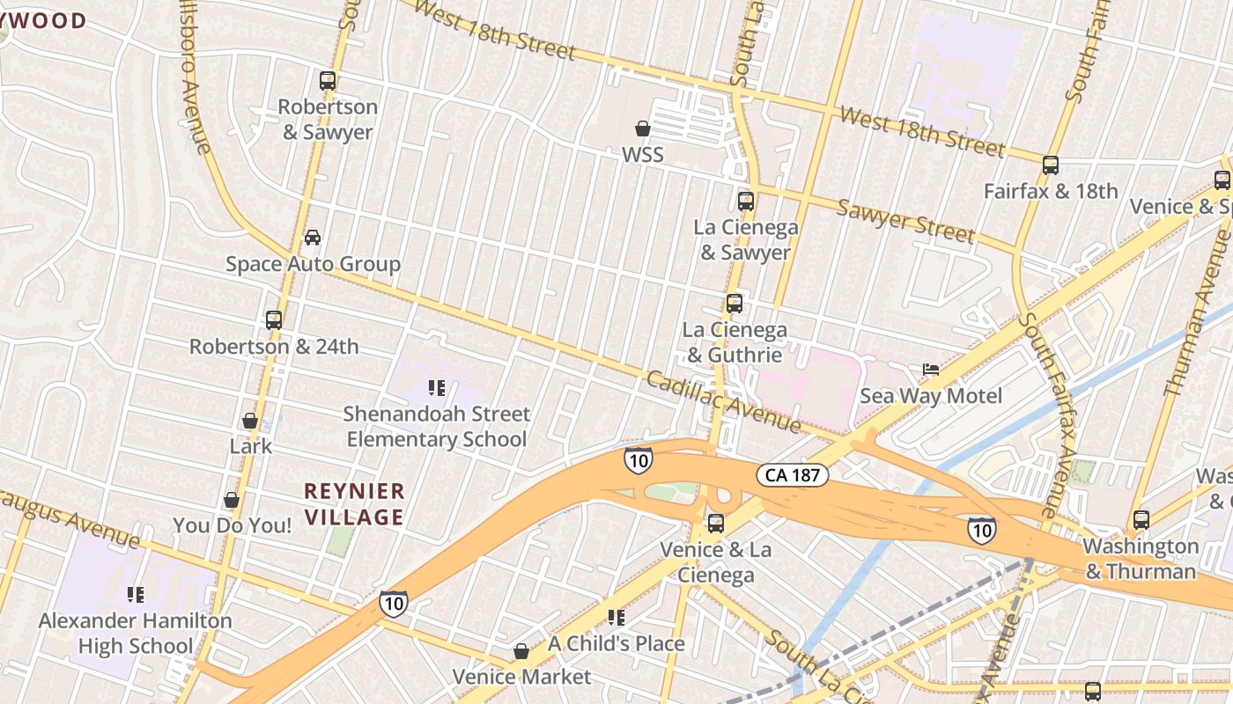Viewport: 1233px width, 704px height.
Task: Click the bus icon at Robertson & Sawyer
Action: (328, 81)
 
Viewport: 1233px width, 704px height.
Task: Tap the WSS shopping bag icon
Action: (643, 128)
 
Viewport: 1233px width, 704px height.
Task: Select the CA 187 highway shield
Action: (793, 475)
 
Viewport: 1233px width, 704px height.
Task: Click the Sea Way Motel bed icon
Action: (931, 370)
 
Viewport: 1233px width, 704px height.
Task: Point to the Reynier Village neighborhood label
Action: (354, 503)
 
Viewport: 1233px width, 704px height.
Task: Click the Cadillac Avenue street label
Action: (723, 401)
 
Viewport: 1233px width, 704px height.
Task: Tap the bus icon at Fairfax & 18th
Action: (1050, 165)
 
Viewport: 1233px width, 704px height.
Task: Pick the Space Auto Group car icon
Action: (313, 237)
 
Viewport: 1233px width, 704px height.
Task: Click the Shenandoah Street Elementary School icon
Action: (436, 387)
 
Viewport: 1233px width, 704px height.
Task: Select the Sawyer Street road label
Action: (905, 221)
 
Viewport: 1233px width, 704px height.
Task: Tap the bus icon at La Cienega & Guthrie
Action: (735, 304)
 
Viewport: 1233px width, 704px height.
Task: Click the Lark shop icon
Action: (250, 421)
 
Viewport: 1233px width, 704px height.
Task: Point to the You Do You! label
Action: (232, 525)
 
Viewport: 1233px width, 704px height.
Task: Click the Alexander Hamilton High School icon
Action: (135, 595)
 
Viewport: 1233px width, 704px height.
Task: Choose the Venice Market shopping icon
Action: (521, 651)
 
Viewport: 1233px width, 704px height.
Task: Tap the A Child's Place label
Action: (616, 643)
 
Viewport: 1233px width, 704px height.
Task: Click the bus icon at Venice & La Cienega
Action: (715, 524)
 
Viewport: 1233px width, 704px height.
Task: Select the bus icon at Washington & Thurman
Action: (1141, 519)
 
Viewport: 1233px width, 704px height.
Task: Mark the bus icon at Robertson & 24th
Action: (274, 320)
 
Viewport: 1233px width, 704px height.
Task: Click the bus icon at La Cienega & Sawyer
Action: (746, 201)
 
